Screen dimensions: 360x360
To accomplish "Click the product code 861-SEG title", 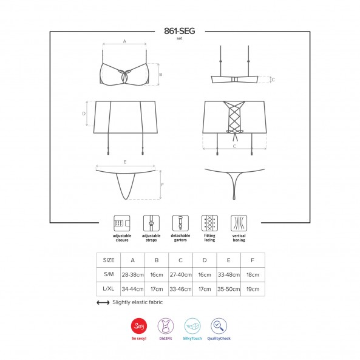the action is [x=180, y=31].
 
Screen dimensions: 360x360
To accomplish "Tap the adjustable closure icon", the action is [x=122, y=223].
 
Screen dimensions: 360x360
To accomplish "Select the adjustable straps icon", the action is [x=151, y=223].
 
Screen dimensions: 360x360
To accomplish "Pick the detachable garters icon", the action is [x=180, y=223].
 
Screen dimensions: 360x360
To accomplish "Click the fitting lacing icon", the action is [x=209, y=223].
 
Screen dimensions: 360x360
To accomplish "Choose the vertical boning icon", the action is [x=239, y=223].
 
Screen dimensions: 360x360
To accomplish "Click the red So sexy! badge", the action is [x=139, y=326].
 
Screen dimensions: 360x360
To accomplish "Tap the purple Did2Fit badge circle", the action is [x=166, y=326].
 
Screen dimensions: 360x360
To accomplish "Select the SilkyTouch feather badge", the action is [x=192, y=326].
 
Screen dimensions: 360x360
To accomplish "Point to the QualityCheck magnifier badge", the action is [x=219, y=326].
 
